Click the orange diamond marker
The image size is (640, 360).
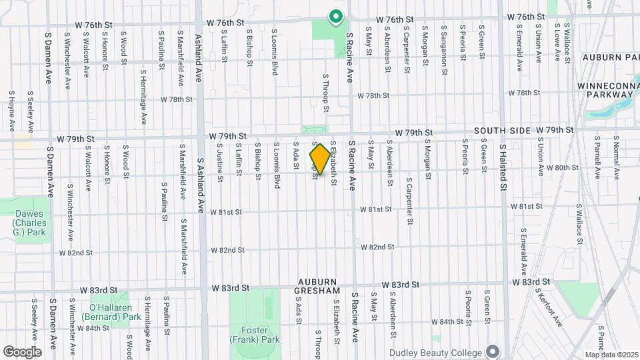(320, 160)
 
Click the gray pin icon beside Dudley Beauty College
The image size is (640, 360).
(493, 351)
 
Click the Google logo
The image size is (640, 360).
(22, 351)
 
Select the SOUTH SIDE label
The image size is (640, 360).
(502, 131)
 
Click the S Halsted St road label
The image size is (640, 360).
(505, 167)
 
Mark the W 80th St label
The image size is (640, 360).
(561, 167)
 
